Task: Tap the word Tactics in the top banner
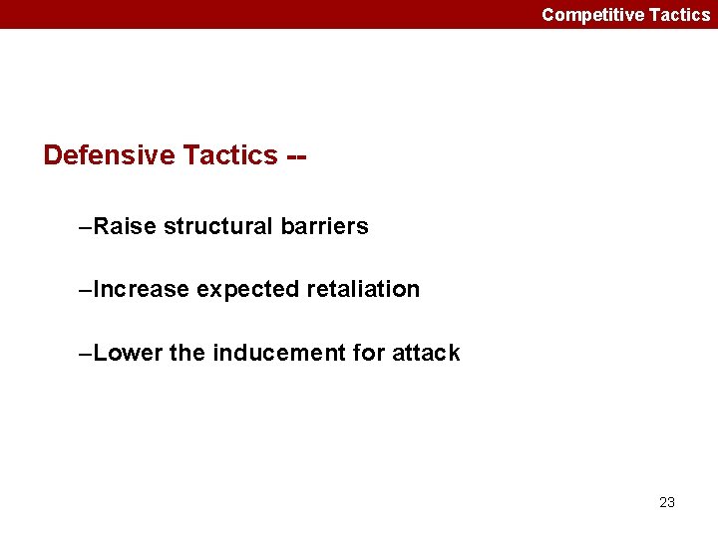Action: (x=679, y=14)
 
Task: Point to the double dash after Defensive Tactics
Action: (x=296, y=156)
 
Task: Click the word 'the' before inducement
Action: (x=186, y=353)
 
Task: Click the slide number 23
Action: (x=667, y=502)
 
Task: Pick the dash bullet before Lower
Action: (x=85, y=354)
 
